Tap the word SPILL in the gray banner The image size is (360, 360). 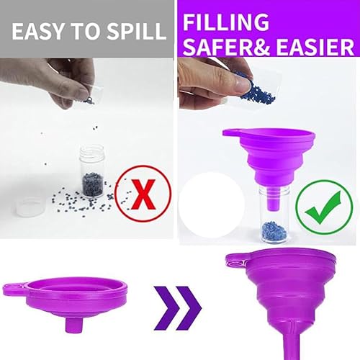pyautogui.click(x=137, y=32)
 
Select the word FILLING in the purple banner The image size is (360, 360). pyautogui.click(x=226, y=22)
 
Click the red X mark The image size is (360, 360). pyautogui.click(x=143, y=194)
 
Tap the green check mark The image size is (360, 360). pyautogui.click(x=323, y=207)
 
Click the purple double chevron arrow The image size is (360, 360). pyautogui.click(x=177, y=308)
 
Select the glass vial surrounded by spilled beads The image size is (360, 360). pyautogui.click(x=92, y=171)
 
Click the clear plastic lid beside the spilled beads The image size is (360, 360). pyautogui.click(x=31, y=207)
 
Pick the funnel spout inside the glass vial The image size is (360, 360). pyautogui.click(x=274, y=199)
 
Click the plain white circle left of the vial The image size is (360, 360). pyautogui.click(x=212, y=204)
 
